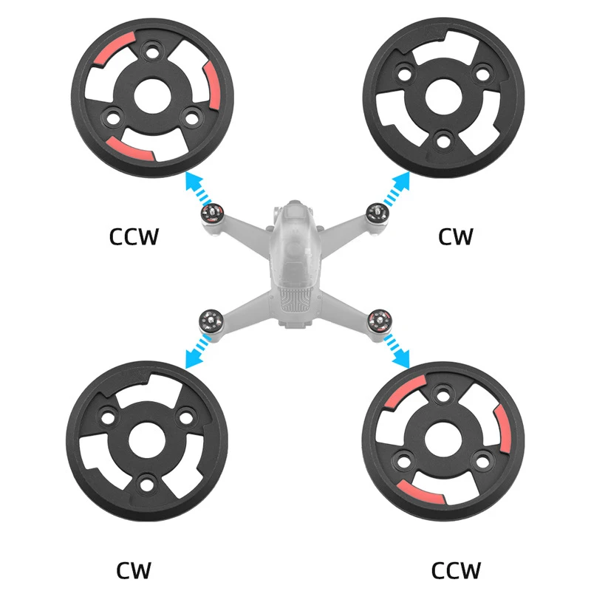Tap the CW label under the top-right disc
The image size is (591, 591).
click(x=455, y=236)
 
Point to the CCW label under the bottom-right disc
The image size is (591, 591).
click(x=456, y=570)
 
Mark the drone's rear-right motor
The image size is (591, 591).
click(x=379, y=320)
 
